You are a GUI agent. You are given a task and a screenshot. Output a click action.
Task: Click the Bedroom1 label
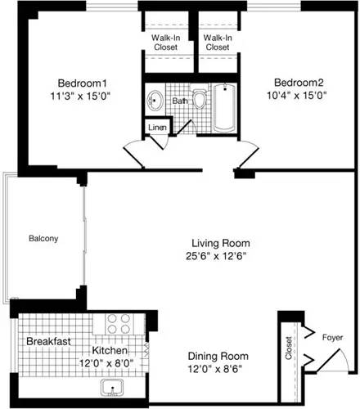[83, 83]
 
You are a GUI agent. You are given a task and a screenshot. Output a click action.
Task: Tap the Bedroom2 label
[299, 83]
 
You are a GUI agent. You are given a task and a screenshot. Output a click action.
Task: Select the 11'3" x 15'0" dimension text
[83, 97]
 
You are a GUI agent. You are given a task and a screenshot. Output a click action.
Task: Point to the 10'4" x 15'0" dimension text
[299, 97]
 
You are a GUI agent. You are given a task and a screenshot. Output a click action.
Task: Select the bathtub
[224, 109]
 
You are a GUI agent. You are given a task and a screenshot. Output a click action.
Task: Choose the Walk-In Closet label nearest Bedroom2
[217, 42]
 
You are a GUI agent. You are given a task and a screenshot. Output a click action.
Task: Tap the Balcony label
[43, 239]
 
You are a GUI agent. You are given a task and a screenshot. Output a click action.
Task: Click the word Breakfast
[47, 340]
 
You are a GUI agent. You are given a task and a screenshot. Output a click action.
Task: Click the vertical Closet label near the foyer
[289, 350]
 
